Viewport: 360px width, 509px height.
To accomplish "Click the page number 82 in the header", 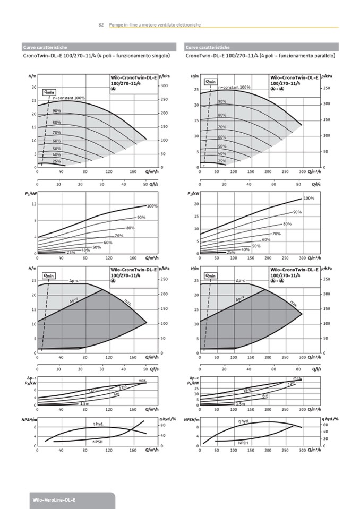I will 100,25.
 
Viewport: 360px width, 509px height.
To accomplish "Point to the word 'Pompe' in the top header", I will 116,25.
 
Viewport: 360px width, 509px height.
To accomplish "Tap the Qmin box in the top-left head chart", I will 49,92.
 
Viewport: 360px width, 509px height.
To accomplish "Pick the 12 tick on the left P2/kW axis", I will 34,204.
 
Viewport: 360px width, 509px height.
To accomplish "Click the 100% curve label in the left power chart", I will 152,206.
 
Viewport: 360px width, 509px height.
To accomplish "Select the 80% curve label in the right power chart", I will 287,224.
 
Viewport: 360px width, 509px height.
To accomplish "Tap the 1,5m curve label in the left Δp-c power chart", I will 84,404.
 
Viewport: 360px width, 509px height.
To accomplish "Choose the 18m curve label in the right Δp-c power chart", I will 247,391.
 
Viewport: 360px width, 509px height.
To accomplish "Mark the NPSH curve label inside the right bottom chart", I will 243,443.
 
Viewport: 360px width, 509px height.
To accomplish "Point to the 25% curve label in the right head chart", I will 222,161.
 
